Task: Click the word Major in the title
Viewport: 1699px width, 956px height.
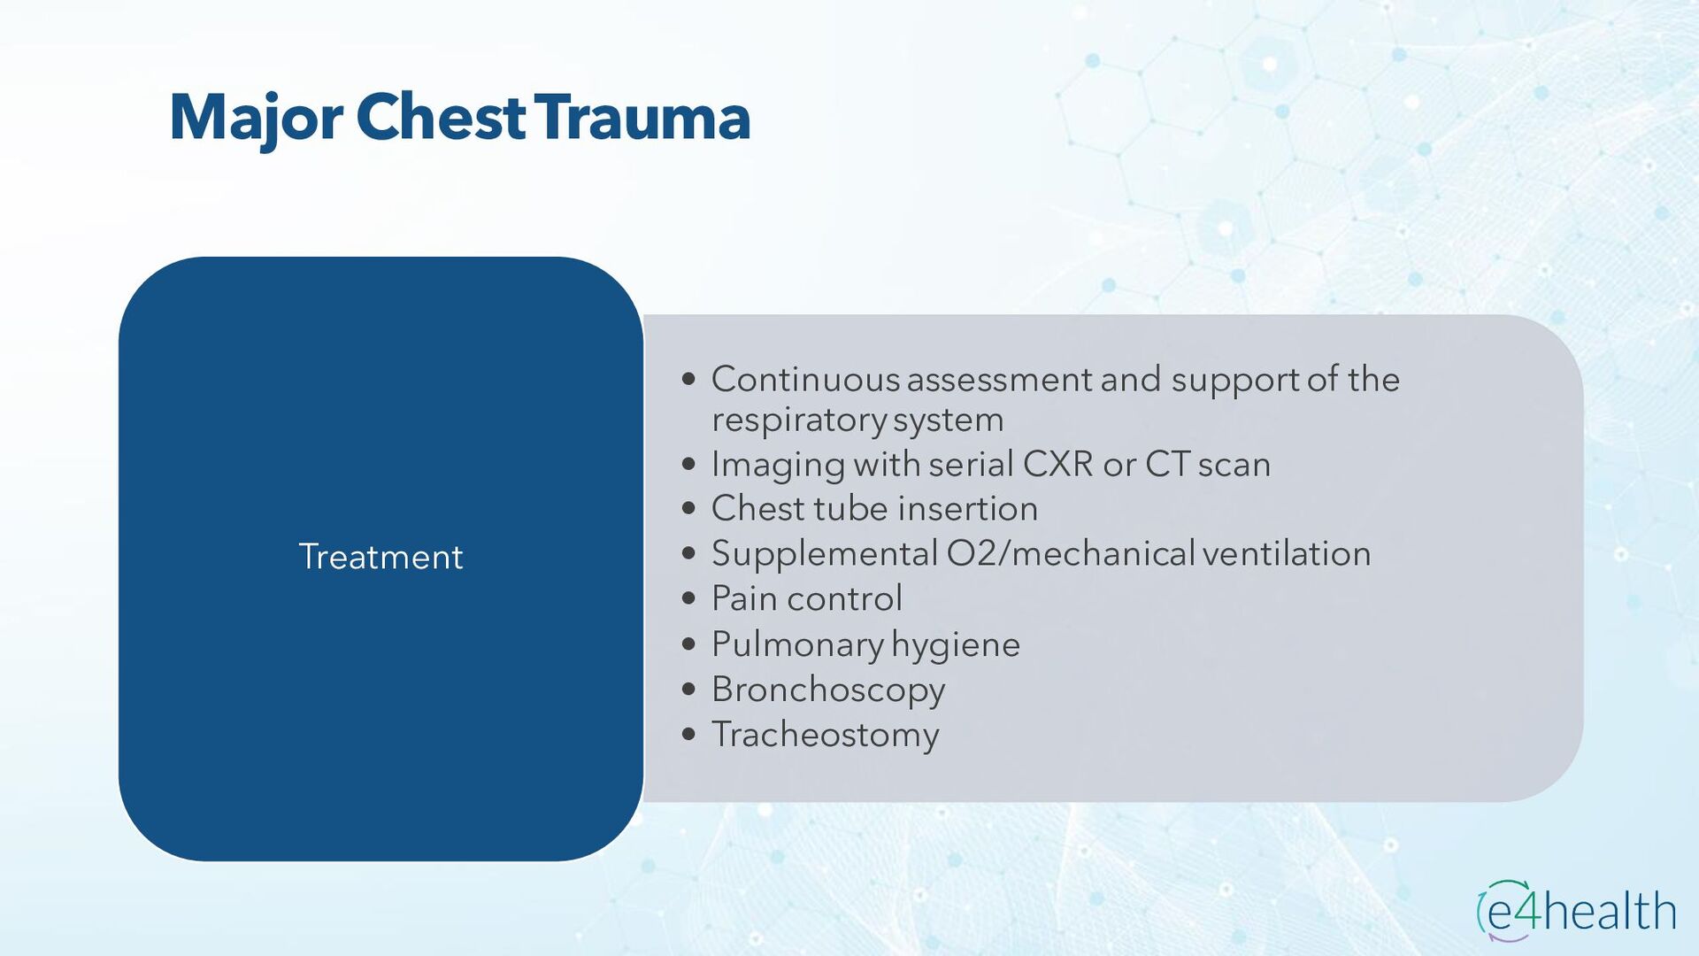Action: (x=256, y=119)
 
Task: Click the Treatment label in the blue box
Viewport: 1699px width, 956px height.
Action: (x=381, y=557)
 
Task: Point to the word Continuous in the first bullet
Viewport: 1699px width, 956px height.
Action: (x=805, y=379)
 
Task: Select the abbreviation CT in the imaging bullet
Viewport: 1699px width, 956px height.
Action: (x=1166, y=464)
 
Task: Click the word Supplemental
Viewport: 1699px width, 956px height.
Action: (x=824, y=554)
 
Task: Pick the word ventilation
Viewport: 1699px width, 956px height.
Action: (x=1287, y=553)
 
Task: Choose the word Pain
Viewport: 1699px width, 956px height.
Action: (x=744, y=598)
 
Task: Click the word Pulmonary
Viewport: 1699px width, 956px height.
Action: (x=796, y=644)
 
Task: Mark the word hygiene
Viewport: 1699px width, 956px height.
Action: (x=956, y=644)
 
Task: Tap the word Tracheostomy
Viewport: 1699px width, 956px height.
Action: (x=825, y=735)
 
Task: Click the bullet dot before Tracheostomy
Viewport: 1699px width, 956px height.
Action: (x=689, y=734)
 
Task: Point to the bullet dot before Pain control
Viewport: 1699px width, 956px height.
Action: (x=689, y=598)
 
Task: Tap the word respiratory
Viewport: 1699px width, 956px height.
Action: (x=798, y=420)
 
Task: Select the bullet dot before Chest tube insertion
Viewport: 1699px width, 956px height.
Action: (x=689, y=508)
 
